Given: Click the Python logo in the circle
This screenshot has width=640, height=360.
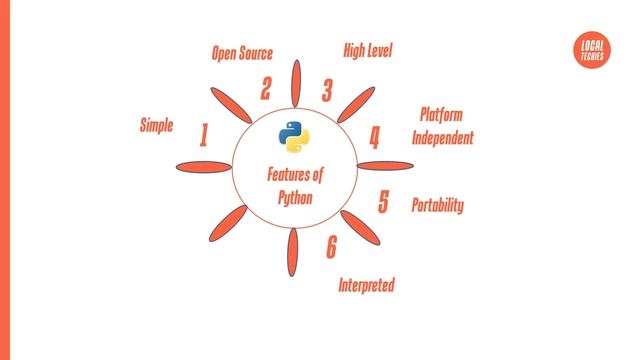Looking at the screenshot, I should coord(292,137).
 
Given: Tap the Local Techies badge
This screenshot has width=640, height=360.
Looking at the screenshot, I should coord(592,51).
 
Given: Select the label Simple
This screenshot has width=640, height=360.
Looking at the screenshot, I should coord(157,125).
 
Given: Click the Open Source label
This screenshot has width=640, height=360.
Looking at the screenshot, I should coord(242,53).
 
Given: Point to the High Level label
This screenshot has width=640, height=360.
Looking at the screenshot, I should coord(368,50).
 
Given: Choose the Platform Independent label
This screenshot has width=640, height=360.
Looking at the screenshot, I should coord(443,127).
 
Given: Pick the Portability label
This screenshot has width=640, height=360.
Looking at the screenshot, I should coord(438,205).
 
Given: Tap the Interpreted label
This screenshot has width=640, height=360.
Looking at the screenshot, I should coord(366,286).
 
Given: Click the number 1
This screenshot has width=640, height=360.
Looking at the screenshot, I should coord(204,135).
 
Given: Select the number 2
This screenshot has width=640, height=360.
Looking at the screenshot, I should coord(266,89).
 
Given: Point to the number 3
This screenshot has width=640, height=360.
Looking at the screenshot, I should coord(327,91).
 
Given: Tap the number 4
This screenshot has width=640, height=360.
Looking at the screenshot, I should coord(375,137).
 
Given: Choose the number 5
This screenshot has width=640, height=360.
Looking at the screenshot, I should coord(383,202).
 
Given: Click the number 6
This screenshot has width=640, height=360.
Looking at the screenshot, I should coord(331,247).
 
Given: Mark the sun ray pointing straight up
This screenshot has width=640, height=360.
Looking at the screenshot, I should coord(296,83).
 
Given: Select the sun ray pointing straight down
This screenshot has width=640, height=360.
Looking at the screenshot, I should coord(294,254).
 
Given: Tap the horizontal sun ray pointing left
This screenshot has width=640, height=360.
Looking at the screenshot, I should coord(203,166).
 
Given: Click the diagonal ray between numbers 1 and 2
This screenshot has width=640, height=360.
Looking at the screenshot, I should coord(233,104).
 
